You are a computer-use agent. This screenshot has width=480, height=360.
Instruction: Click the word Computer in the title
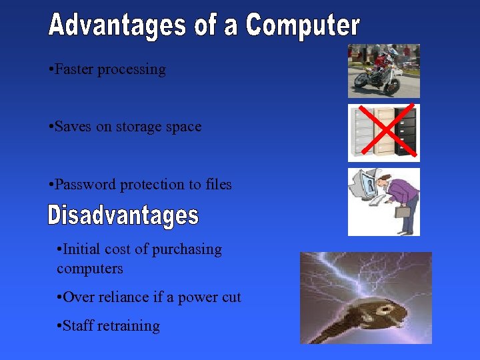pyautogui.click(x=303, y=26)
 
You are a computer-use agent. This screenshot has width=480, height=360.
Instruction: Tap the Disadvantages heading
pyautogui.click(x=123, y=215)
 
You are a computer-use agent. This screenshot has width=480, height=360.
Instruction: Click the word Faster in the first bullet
pyautogui.click(x=74, y=69)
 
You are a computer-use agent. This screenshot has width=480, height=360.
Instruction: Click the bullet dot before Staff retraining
pyautogui.click(x=60, y=326)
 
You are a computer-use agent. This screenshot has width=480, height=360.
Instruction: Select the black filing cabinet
pyautogui.click(x=405, y=130)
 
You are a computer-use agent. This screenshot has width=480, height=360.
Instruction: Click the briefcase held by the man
pyautogui.click(x=403, y=213)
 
